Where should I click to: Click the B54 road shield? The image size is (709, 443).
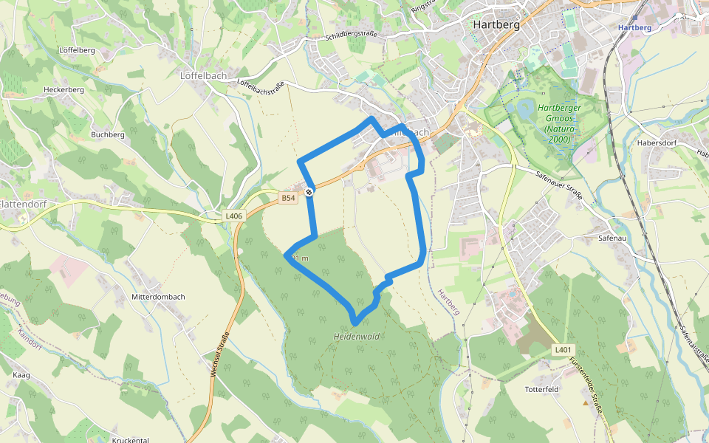click(288, 198)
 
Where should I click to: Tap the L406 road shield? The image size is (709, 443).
click(233, 216)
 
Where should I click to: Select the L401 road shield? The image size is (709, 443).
click(563, 349)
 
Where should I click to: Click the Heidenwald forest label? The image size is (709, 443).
click(356, 337)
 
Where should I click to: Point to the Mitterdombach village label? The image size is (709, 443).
click(157, 297)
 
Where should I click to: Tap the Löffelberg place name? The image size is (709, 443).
click(77, 50)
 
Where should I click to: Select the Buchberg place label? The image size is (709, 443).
click(108, 134)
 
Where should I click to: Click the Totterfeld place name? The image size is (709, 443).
click(542, 389)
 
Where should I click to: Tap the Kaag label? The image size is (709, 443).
click(21, 376)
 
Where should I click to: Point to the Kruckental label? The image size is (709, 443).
click(131, 440)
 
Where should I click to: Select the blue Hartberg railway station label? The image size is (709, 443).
click(634, 27)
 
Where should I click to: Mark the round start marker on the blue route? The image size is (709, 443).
click(309, 192)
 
